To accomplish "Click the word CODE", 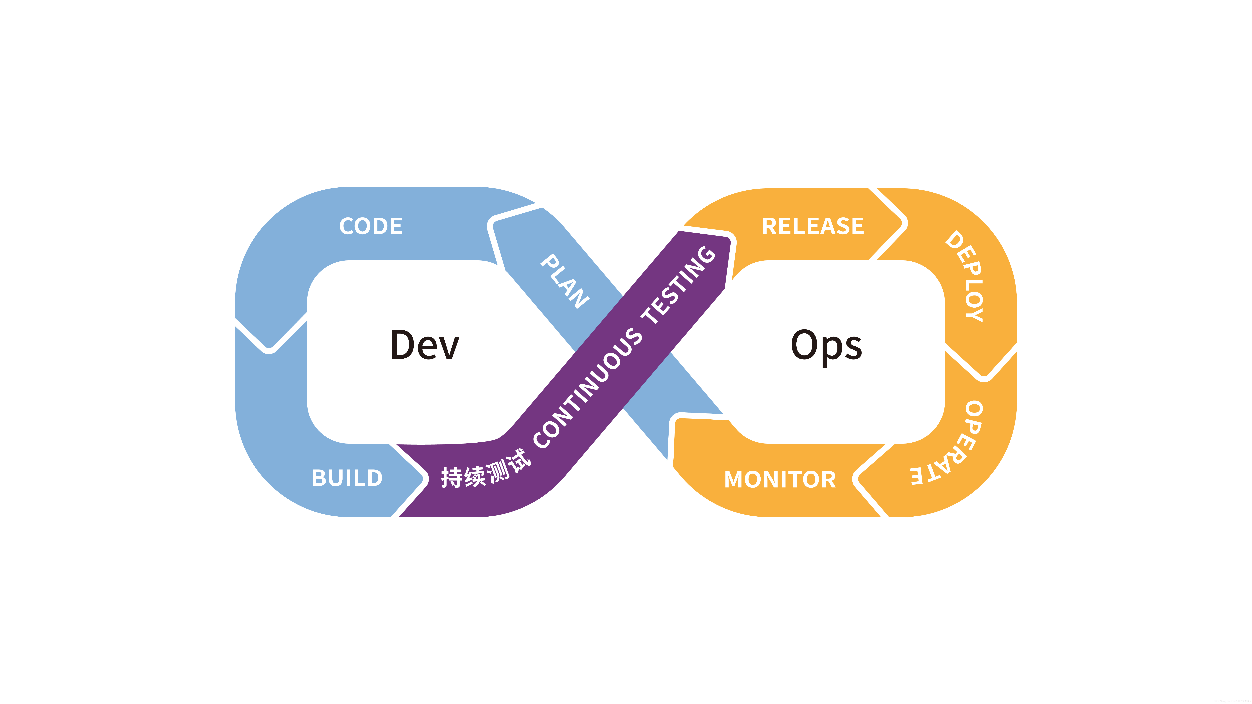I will coord(371,226).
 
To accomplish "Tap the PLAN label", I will coord(565,281).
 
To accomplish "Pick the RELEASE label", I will coord(813,226).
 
